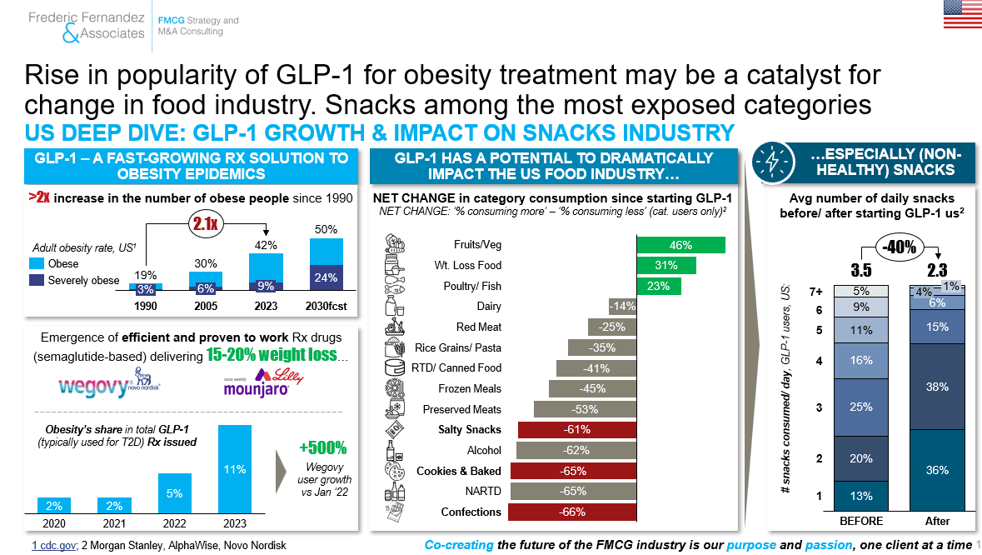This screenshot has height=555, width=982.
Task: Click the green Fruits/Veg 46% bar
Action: [x=680, y=245]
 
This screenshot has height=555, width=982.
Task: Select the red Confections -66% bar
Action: [x=572, y=512]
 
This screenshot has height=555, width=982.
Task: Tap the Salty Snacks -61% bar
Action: [x=577, y=430]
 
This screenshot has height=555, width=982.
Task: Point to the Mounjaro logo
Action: [x=263, y=382]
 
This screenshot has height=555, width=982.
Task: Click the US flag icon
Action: [x=963, y=14]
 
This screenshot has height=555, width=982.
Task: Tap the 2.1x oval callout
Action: [x=206, y=223]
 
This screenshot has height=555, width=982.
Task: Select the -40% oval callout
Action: [x=900, y=246]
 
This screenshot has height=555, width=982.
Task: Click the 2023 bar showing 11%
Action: [x=235, y=469]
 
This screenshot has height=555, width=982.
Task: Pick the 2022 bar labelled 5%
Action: [x=175, y=493]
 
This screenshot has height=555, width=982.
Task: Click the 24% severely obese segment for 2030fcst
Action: [x=327, y=277]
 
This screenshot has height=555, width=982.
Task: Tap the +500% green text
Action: [x=323, y=447]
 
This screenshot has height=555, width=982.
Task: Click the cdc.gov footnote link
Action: [x=54, y=546]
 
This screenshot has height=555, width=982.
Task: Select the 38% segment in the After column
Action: [x=938, y=387]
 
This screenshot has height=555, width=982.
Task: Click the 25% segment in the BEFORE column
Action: [x=861, y=407]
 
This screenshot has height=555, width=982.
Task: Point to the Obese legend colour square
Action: [x=37, y=263]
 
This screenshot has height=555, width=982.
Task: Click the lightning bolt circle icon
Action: [x=773, y=162]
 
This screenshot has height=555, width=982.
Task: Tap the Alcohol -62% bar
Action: [x=576, y=450]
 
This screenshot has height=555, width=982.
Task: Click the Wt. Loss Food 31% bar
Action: [x=666, y=266]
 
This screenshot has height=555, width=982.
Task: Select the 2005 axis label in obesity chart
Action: [x=206, y=306]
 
